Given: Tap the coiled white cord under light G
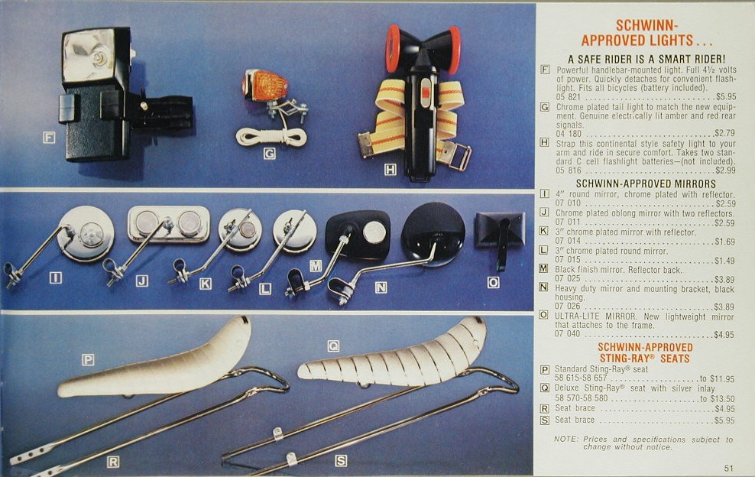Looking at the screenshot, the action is [x=271, y=138].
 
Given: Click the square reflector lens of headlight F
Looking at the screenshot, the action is [x=89, y=54].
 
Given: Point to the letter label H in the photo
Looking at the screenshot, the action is [x=390, y=169].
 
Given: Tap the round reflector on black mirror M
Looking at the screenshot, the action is [x=374, y=232].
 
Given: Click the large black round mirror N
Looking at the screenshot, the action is [x=433, y=234].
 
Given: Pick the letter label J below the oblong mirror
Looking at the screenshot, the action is [x=141, y=281].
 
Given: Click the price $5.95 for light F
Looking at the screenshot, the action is [x=725, y=97].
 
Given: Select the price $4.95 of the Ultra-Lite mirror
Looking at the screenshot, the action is [x=724, y=334].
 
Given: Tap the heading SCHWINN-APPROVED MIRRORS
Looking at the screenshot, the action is [x=646, y=183].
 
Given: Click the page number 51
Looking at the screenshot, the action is [x=728, y=468].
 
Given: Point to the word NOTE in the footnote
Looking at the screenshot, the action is [x=565, y=439].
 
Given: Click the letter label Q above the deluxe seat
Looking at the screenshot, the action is [x=333, y=346].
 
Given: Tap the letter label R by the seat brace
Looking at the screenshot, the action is [x=112, y=462].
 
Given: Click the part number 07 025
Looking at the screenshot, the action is [x=568, y=278].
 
